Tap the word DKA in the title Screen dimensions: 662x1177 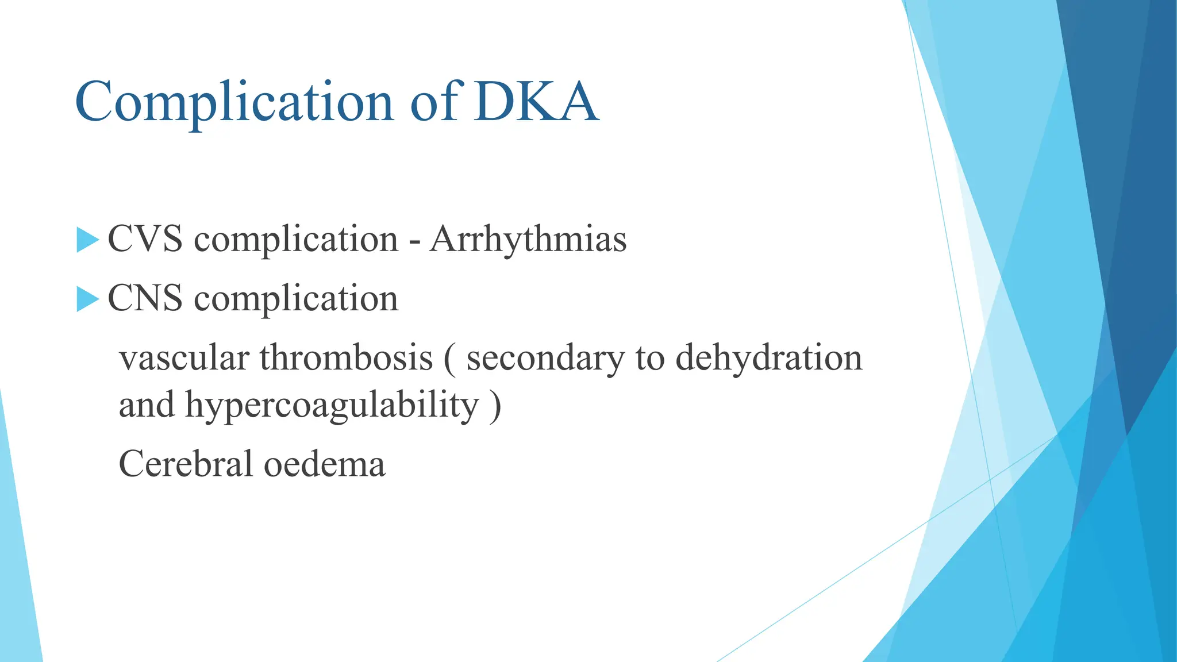pos(536,102)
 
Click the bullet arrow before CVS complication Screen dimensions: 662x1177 pos(87,240)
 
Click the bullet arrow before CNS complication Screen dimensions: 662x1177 pos(87,299)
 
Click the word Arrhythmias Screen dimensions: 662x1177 pos(528,239)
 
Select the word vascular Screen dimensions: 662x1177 pos(183,358)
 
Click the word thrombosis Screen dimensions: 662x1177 pos(346,358)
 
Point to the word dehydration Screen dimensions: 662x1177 pos(768,358)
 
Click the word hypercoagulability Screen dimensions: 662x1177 pos(332,406)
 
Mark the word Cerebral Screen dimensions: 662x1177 pos(186,464)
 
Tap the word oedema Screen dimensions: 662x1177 pos(324,464)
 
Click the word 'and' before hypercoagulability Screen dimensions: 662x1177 pos(147,405)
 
